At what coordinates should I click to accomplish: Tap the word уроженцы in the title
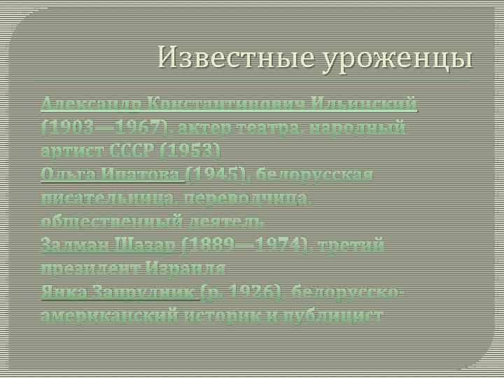pyautogui.click(x=398, y=57)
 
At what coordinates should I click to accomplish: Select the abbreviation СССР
pyautogui.click(x=127, y=151)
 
